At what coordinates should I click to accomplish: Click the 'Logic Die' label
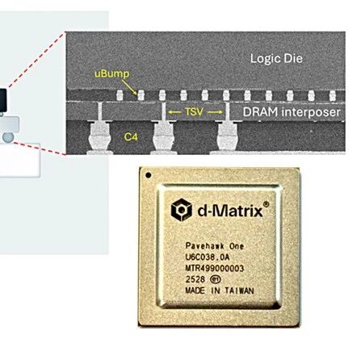[x=276, y=58]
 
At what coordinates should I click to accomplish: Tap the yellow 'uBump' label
[x=111, y=74]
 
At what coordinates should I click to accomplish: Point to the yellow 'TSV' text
[x=194, y=111]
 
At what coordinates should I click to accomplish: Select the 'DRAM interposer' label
[x=292, y=112]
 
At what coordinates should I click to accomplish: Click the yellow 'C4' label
[x=131, y=137]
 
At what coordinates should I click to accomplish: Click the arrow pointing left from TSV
[x=174, y=112]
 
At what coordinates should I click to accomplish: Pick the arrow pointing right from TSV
[x=215, y=112]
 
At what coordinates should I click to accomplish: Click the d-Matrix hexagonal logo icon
[x=182, y=210]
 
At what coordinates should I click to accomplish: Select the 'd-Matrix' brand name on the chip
[x=230, y=211]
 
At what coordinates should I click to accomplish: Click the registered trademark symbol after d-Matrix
[x=266, y=204]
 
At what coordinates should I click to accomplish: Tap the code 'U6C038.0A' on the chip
[x=208, y=257]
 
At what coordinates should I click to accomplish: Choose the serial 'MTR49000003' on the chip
[x=215, y=269]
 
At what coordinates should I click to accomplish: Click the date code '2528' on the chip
[x=195, y=279]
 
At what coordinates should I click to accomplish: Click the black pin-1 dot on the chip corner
[x=149, y=175]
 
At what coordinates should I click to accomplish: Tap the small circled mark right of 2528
[x=216, y=280]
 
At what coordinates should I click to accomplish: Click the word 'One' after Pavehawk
[x=237, y=246]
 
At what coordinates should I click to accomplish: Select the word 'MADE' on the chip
[x=195, y=291]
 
